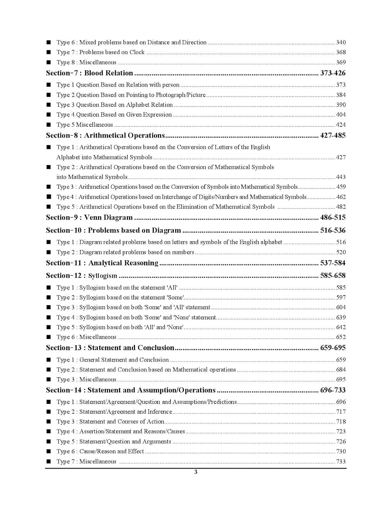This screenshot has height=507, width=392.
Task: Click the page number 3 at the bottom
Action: click(196, 472)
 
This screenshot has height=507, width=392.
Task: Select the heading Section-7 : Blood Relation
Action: click(89, 73)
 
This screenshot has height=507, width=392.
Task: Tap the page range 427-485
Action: click(333, 136)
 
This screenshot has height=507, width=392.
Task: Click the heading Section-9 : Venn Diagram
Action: click(89, 217)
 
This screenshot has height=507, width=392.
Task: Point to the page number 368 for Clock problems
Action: click(341, 52)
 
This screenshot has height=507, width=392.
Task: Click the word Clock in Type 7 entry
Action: click(137, 52)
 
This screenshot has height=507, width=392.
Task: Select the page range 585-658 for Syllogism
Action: click(333, 275)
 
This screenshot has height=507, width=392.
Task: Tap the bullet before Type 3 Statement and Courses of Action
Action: click(49, 421)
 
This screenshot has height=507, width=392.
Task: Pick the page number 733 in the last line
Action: click(341, 461)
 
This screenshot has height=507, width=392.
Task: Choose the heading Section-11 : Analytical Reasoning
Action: click(102, 263)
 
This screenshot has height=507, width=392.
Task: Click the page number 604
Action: click(341, 307)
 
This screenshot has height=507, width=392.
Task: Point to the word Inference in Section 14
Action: click(160, 412)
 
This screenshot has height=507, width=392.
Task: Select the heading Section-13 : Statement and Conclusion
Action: click(110, 348)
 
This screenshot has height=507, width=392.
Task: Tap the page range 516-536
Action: click(333, 231)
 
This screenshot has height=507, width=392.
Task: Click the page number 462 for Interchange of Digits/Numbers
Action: click(341, 197)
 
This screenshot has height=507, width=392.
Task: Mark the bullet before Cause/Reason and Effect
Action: click(49, 451)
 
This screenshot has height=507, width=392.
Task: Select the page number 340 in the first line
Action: click(341, 43)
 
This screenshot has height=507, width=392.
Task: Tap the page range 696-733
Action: click(333, 390)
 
